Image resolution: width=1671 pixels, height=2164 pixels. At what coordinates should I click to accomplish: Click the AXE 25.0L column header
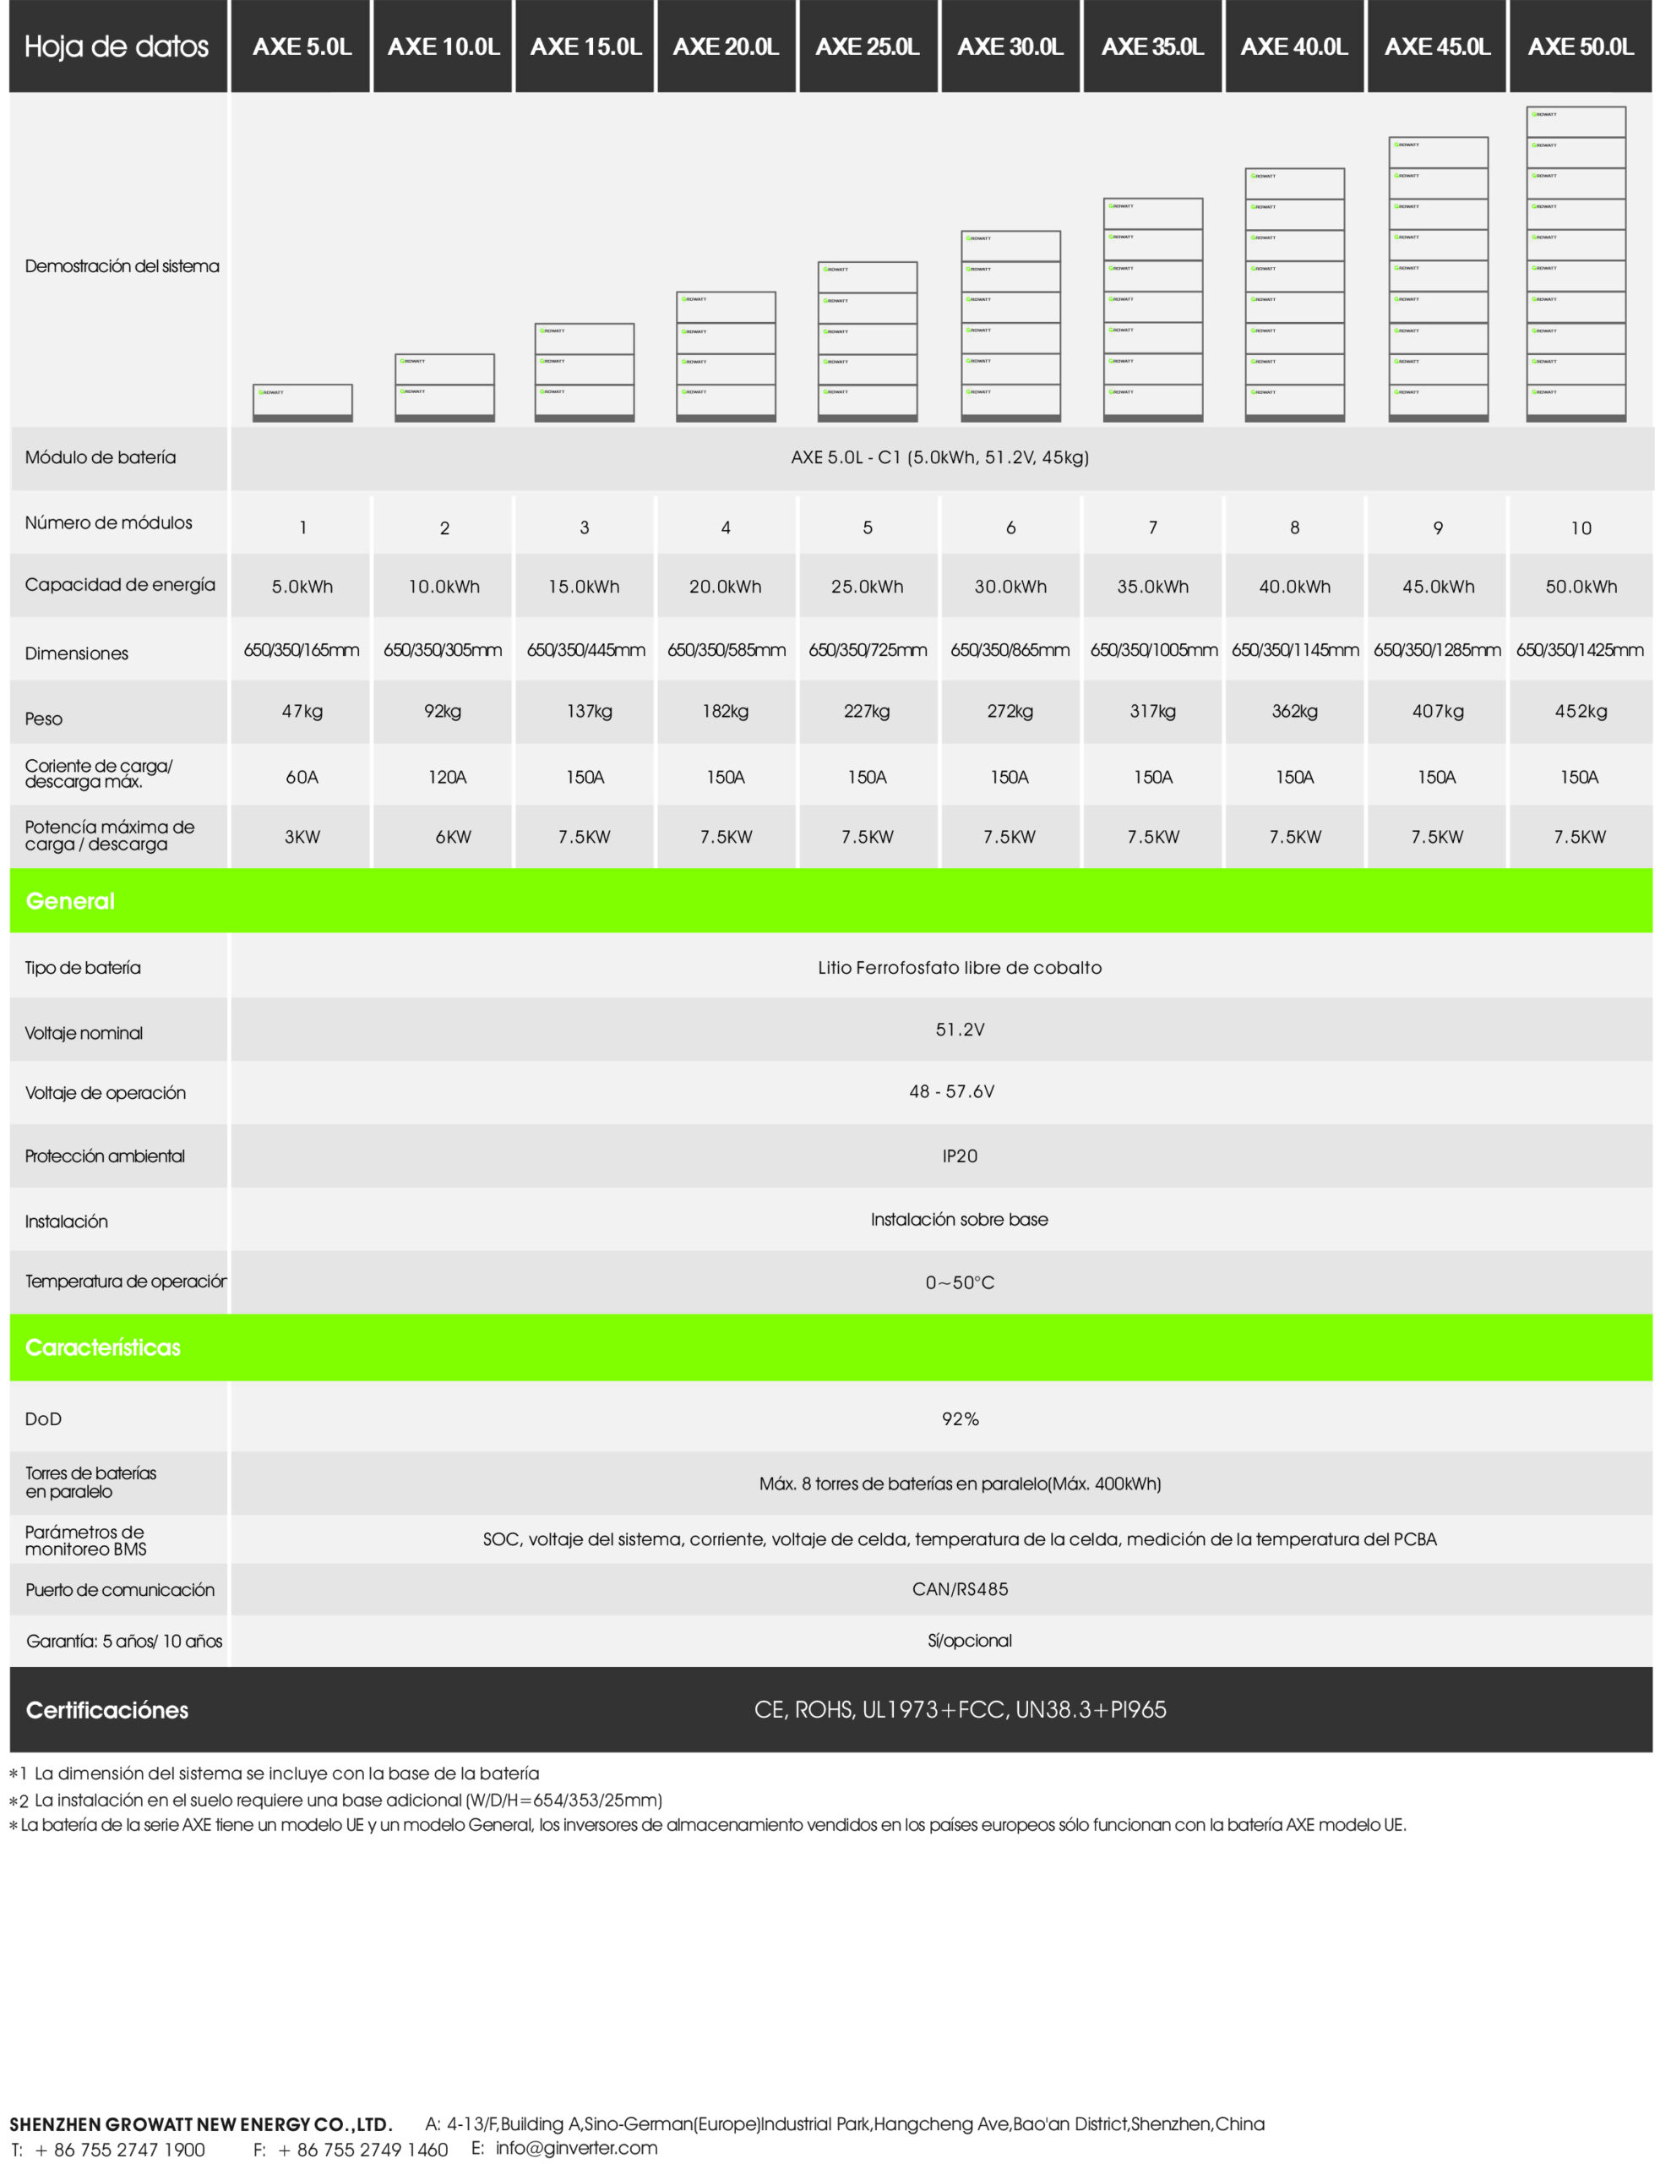867,46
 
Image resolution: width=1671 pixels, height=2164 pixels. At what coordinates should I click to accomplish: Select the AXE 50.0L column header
1580,46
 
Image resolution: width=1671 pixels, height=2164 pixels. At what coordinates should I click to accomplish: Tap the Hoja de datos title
116,46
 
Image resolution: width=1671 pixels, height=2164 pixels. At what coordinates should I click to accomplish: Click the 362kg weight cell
1293,712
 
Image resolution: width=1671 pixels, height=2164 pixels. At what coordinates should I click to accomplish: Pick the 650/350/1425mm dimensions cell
1579,650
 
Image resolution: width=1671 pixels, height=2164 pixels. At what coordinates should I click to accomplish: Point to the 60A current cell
302,777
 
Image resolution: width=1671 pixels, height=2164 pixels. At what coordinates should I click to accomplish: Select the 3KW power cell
302,836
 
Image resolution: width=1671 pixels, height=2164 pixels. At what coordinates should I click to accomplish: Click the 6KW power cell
453,836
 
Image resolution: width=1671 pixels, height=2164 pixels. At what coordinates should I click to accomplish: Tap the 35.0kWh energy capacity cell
1152,587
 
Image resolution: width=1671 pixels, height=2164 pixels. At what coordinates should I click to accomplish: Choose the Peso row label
44,719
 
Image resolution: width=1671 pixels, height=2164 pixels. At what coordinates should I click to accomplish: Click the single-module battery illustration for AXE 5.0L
302,402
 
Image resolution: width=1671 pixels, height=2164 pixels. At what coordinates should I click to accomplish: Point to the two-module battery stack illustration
444,387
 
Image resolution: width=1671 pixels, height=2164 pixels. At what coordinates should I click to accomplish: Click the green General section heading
70,900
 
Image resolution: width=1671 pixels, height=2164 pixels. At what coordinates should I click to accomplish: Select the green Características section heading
103,1347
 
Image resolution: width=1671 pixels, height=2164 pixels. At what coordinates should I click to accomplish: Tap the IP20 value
959,1156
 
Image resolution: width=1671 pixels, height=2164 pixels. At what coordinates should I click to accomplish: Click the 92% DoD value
959,1419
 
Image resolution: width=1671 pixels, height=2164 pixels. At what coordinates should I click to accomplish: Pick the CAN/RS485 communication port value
959,1589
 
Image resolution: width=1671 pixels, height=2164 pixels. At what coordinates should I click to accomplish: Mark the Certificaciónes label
107,1710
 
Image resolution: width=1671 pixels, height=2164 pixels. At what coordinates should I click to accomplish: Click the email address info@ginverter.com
575,2147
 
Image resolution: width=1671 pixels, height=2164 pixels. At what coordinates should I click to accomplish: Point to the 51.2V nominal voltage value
959,1030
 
